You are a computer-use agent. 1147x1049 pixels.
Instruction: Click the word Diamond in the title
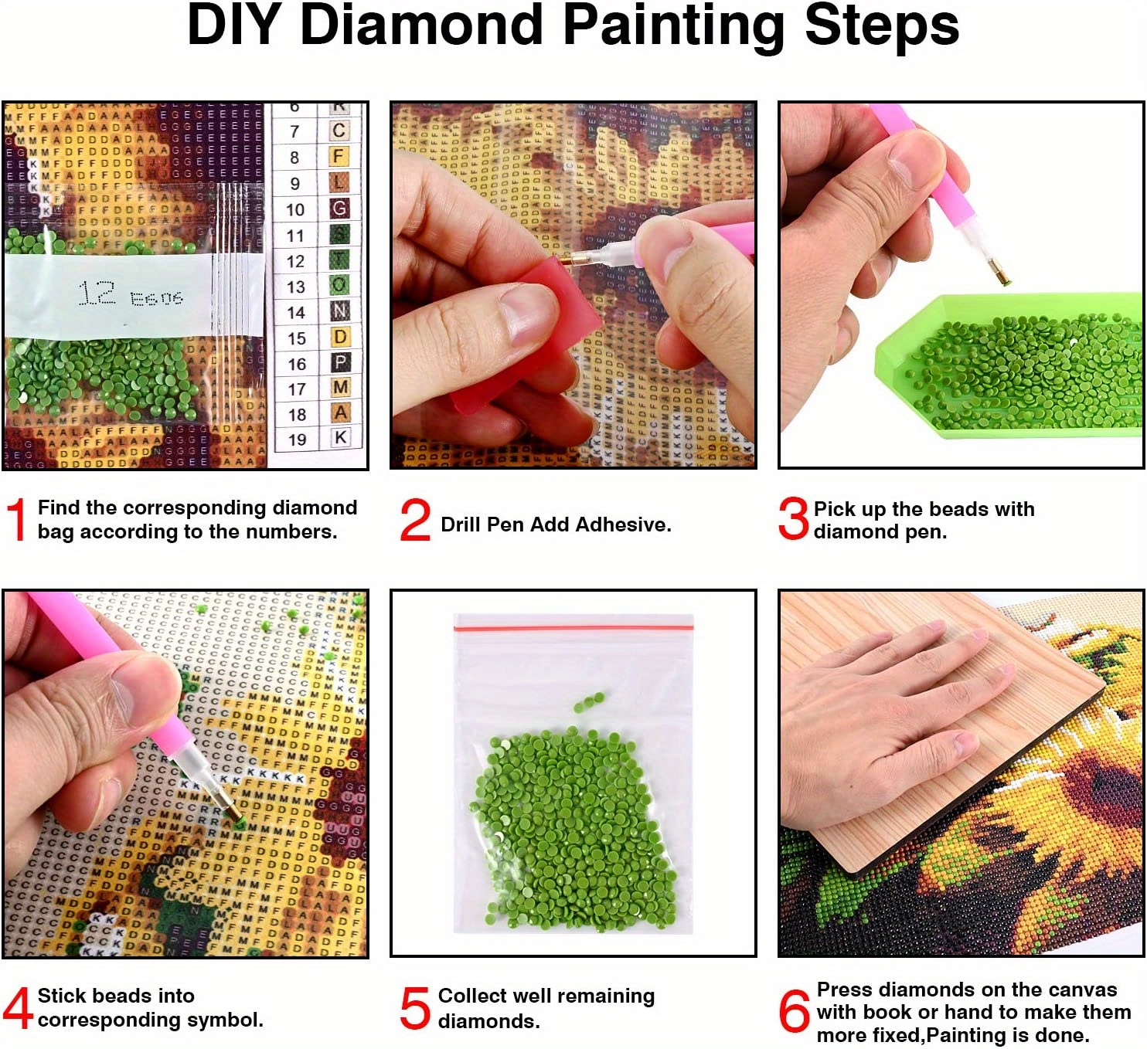pyautogui.click(x=421, y=26)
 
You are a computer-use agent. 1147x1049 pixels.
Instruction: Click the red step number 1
pyautogui.click(x=17, y=519)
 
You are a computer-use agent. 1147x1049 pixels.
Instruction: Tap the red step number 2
pyautogui.click(x=415, y=520)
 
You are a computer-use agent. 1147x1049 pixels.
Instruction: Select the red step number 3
pyautogui.click(x=793, y=518)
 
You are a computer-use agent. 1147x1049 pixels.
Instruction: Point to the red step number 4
pyautogui.click(x=17, y=1007)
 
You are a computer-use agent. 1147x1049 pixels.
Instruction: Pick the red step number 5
pyautogui.click(x=415, y=1008)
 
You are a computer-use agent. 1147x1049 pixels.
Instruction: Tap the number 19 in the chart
pyautogui.click(x=297, y=440)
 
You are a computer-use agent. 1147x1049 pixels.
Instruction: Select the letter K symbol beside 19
pyautogui.click(x=340, y=437)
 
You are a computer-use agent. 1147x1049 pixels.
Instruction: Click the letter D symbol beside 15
pyautogui.click(x=340, y=337)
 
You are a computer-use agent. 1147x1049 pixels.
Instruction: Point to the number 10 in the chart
pyautogui.click(x=295, y=209)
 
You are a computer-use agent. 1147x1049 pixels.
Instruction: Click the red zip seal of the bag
pyautogui.click(x=573, y=628)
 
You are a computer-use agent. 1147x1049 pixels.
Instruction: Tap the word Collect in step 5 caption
pyautogui.click(x=472, y=996)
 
